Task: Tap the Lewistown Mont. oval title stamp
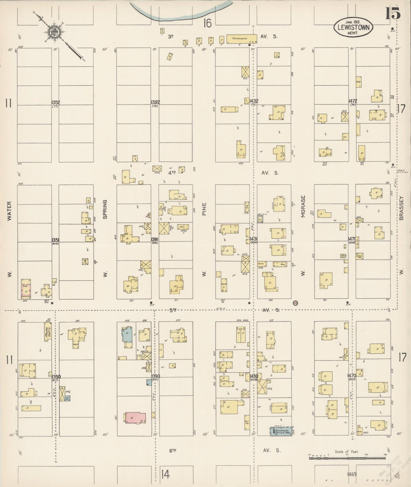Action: click(x=354, y=27)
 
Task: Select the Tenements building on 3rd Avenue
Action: click(x=241, y=39)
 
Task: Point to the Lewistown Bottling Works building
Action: click(x=281, y=431)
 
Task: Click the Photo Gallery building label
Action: click(x=47, y=331)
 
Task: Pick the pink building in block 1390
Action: click(x=136, y=418)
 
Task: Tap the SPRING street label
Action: click(x=105, y=209)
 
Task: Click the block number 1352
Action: click(x=55, y=102)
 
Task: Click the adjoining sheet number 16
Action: click(x=207, y=23)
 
